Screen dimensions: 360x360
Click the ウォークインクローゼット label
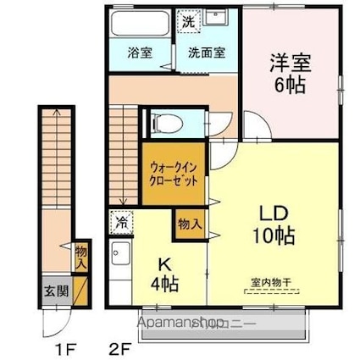point(173,174)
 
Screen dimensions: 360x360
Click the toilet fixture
point(164,125)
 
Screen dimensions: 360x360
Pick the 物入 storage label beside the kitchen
point(190,224)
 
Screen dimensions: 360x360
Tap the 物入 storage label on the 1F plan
point(80,257)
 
